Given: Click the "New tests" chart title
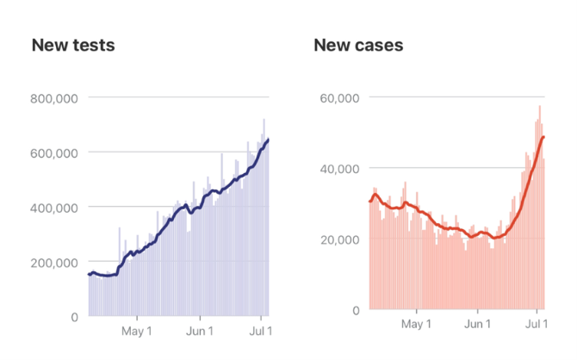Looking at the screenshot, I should click(73, 45).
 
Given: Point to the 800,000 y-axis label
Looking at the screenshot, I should click(53, 98).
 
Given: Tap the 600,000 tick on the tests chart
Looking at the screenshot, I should click(53, 152).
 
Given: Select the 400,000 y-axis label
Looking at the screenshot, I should click(53, 208).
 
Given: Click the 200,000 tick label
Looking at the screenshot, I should click(53, 263).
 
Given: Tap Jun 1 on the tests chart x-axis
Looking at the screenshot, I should click(200, 331).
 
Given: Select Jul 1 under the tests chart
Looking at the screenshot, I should click(259, 331).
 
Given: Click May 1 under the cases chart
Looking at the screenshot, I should click(416, 324).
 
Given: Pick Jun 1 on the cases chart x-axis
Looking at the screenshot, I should click(478, 324).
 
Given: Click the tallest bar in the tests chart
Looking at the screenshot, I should click(264, 215).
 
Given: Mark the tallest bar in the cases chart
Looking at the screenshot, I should click(540, 207).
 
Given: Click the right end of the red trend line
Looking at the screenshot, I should click(543, 138).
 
